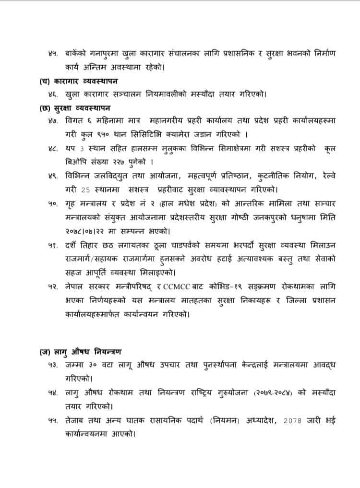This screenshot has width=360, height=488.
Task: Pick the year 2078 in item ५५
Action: pos(294,421)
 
